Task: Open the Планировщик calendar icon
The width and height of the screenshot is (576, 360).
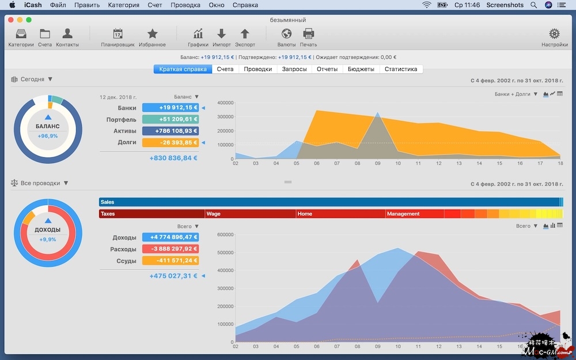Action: click(118, 34)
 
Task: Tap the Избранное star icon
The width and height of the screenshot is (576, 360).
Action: click(152, 34)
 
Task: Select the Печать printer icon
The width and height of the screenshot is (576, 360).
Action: click(308, 34)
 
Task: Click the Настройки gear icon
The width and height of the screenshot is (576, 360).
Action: click(554, 34)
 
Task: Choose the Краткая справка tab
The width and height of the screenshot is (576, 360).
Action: click(183, 69)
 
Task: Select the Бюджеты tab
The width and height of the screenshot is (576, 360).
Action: click(361, 69)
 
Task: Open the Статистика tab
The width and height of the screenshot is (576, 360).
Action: click(400, 69)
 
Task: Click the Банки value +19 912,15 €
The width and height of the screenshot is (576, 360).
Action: click(170, 108)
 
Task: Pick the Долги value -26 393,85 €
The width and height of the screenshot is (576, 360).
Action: click(170, 142)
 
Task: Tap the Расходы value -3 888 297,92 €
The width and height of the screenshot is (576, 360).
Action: click(170, 249)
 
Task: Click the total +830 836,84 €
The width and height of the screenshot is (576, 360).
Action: click(173, 158)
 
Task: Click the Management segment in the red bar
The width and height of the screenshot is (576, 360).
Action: click(403, 214)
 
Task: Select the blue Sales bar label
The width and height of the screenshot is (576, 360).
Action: click(107, 202)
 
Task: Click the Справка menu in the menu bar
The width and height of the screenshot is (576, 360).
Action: click(245, 5)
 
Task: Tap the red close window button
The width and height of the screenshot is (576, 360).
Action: click(10, 20)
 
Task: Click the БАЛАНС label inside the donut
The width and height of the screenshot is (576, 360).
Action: click(48, 126)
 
